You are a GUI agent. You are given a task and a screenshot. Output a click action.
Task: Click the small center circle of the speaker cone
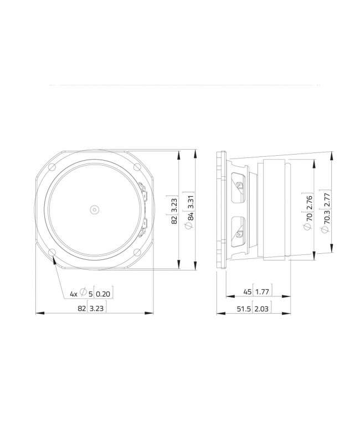(x=94, y=209)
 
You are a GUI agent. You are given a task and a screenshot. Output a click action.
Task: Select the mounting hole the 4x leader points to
(x=53, y=253)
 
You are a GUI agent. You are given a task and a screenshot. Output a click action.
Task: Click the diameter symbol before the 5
(x=83, y=293)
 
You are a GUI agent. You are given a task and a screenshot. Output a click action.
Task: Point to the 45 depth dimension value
(x=248, y=291)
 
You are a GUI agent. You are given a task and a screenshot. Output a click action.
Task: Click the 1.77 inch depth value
(x=264, y=291)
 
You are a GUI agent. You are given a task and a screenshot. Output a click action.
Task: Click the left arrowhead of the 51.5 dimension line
(x=218, y=314)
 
